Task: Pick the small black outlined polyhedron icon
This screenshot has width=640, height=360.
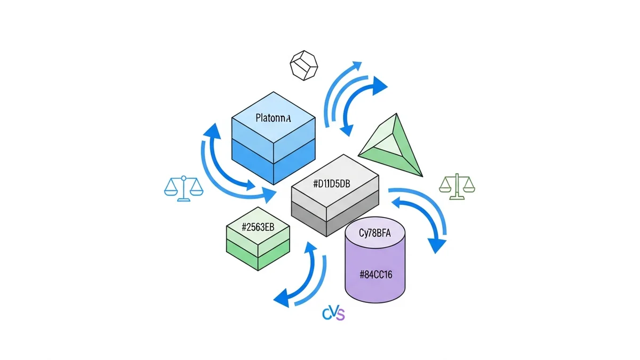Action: (303, 66)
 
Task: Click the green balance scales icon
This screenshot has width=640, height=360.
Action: (457, 186)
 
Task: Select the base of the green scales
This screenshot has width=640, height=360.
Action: (457, 198)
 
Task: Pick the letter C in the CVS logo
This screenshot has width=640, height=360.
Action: (326, 314)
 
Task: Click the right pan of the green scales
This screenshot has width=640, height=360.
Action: (468, 188)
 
